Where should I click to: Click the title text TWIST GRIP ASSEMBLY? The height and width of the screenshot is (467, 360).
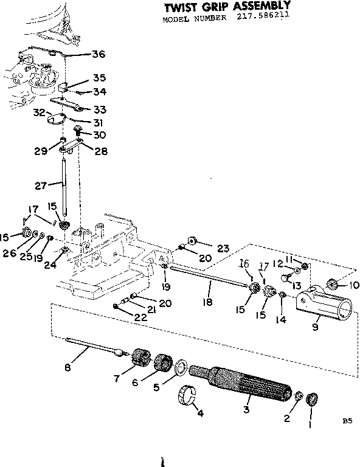tap(224, 7)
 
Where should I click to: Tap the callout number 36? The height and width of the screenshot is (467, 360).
tap(98, 54)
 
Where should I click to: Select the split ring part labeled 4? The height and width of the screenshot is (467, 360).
tap(188, 396)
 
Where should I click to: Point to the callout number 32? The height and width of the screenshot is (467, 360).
tap(39, 112)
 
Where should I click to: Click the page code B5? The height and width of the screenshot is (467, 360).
tap(347, 420)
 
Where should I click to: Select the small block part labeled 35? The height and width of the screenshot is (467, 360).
tap(71, 83)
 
